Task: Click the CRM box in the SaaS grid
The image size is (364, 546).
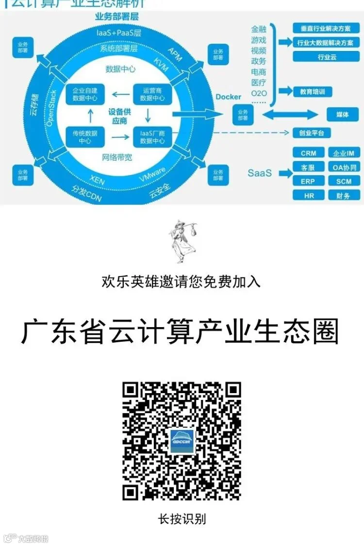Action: point(308,153)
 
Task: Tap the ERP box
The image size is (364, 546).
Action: point(308,182)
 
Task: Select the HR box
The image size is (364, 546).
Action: point(308,196)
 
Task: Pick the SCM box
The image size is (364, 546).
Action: point(344,182)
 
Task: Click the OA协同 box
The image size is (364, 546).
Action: point(344,167)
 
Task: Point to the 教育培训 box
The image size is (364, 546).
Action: point(313,91)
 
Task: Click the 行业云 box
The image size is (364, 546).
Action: point(327,57)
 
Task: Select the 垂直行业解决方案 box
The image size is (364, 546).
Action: point(327,28)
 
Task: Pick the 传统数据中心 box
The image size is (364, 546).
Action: point(85,136)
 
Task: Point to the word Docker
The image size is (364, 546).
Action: point(229,97)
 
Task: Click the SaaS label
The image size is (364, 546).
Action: point(260,173)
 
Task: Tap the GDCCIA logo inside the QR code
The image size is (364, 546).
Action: point(182,441)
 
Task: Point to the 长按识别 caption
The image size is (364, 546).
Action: point(182,518)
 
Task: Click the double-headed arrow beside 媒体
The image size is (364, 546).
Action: point(290,116)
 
